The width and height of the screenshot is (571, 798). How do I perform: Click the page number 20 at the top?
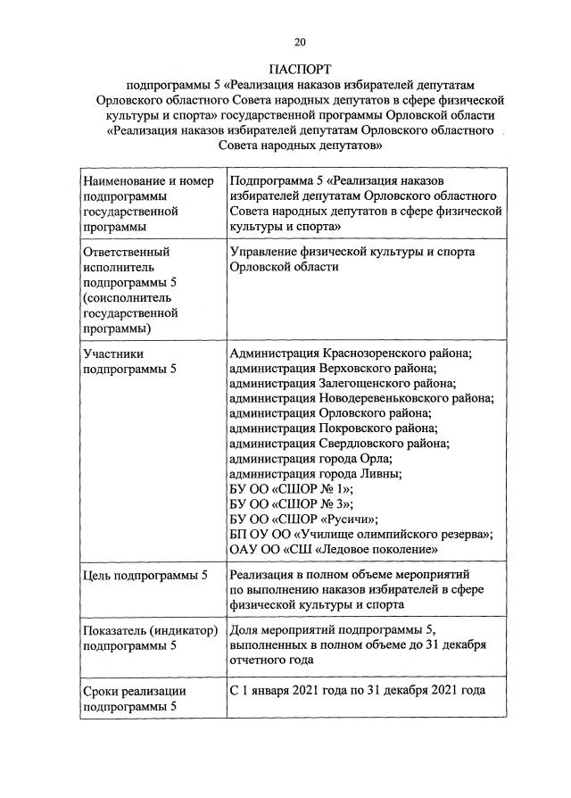[300, 42]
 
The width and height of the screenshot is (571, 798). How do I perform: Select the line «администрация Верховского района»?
[333, 368]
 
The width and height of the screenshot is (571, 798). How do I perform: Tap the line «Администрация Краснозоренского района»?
[351, 353]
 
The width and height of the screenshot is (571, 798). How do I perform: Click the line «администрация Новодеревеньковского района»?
[360, 398]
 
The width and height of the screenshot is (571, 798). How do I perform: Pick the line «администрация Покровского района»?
[331, 428]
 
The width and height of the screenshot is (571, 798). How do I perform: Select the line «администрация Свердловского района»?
[339, 444]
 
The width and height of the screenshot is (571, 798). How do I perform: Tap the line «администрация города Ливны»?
[320, 474]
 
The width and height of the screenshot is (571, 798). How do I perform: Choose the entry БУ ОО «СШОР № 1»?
[292, 489]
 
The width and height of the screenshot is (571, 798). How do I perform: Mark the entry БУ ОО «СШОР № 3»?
[292, 504]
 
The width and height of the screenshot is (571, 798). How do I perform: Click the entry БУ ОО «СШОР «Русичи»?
[304, 520]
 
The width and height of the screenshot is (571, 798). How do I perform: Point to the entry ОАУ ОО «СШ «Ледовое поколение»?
[334, 550]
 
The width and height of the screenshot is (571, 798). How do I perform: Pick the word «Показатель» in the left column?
[118, 629]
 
